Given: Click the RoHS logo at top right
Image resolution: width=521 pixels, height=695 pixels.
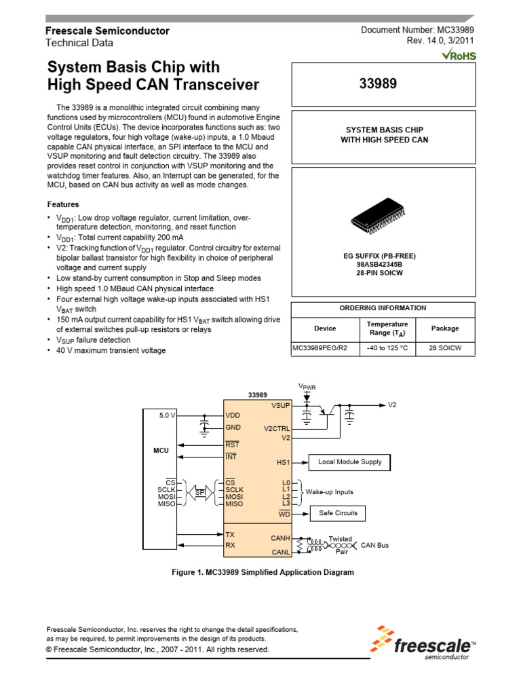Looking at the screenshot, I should (459, 54).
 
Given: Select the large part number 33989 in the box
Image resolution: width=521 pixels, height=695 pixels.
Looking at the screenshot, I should (383, 84).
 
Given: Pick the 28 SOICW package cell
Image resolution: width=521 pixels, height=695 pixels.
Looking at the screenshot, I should (445, 348).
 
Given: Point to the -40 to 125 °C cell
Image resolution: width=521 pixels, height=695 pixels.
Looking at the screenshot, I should (387, 348).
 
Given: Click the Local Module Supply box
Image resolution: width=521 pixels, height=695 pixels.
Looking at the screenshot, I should (350, 462).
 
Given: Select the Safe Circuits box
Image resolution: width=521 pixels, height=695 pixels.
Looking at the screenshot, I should (338, 513).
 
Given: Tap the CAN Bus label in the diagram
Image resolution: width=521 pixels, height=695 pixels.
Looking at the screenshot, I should (375, 545).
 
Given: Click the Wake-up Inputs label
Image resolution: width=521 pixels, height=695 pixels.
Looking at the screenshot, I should (329, 492).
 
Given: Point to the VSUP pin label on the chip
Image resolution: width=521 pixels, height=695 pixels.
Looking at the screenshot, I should (279, 405).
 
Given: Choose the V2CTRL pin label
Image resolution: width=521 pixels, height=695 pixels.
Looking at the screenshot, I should (276, 429).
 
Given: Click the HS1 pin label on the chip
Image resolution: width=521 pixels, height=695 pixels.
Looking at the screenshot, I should (283, 462).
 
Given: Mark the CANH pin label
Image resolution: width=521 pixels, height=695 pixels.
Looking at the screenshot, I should (280, 538).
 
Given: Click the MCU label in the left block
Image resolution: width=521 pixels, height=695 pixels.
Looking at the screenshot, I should (161, 450).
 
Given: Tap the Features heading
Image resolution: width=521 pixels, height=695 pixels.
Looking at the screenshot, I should (63, 204).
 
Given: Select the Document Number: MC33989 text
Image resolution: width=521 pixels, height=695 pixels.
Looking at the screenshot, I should (417, 30).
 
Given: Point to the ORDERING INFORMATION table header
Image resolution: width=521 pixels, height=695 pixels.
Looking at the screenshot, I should (383, 307).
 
